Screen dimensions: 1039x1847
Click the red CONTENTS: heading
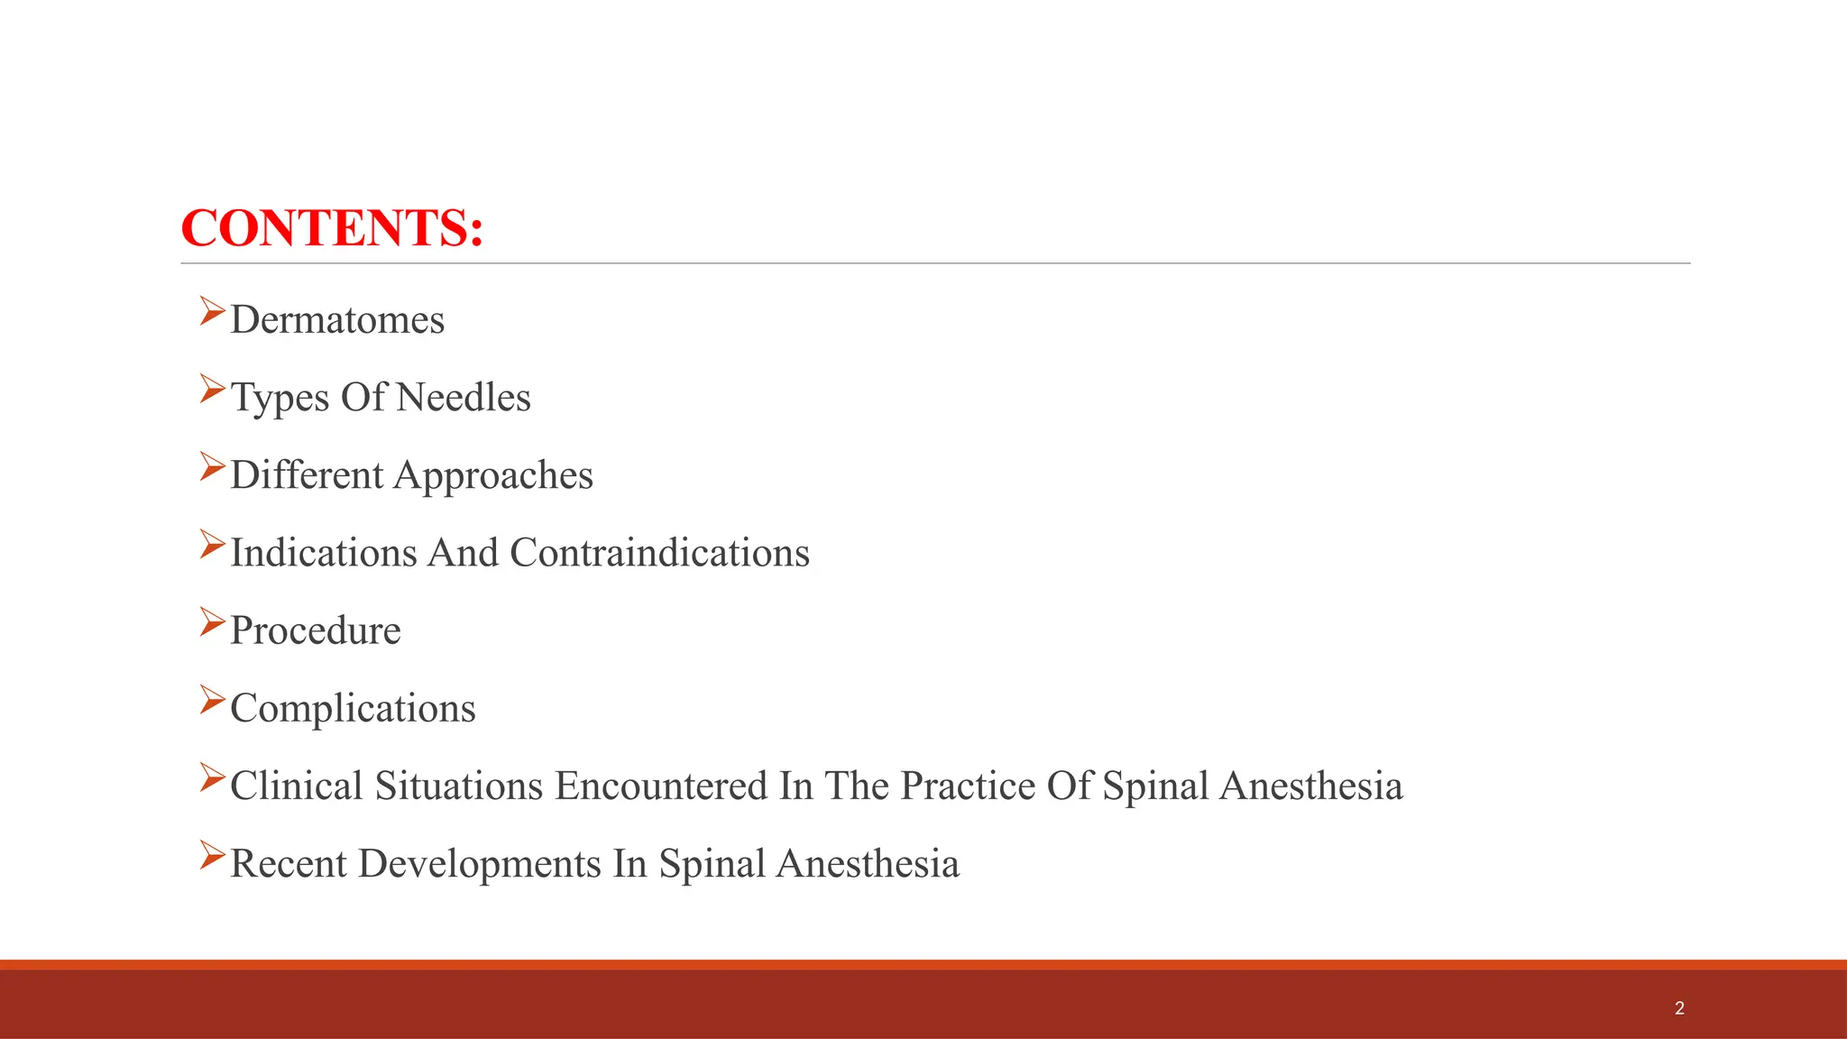[x=332, y=227]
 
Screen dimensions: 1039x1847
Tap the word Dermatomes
[x=337, y=320]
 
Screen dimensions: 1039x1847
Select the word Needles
[x=464, y=398]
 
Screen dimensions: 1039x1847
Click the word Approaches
[x=493, y=476]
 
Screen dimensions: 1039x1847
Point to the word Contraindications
[x=659, y=553]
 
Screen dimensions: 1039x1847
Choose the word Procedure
[x=316, y=630]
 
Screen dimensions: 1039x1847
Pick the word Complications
[x=353, y=709]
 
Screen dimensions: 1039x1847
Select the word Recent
[x=289, y=863]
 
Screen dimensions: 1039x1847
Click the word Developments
[x=480, y=863]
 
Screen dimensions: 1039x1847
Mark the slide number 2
[x=1679, y=1008]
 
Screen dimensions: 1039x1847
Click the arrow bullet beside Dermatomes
[x=212, y=311]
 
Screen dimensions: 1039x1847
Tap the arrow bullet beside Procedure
[x=212, y=621]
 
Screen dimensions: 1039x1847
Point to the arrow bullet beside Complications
[x=212, y=699]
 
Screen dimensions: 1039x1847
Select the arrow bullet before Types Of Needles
[x=212, y=389]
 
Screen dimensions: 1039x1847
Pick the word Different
[x=307, y=475]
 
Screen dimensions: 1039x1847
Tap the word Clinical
[x=297, y=786]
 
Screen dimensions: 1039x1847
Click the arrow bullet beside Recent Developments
[x=212, y=854]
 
